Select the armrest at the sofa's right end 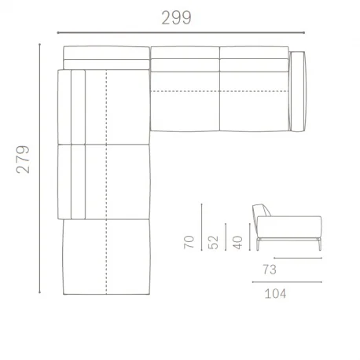(297, 90)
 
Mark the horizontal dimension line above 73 (299, 256)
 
